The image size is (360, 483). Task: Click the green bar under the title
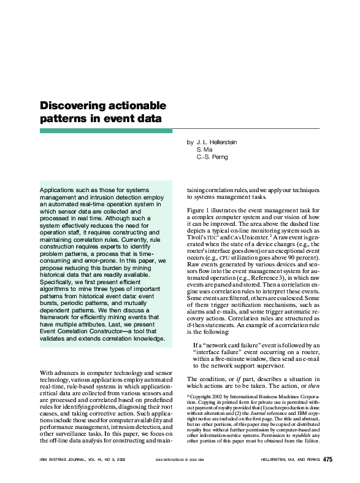106,131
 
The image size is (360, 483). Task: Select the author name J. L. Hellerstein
216,142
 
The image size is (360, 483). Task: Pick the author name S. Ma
204,150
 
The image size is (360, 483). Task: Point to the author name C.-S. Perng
212,157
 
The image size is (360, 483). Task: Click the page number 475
328,460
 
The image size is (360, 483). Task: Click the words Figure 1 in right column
199,211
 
